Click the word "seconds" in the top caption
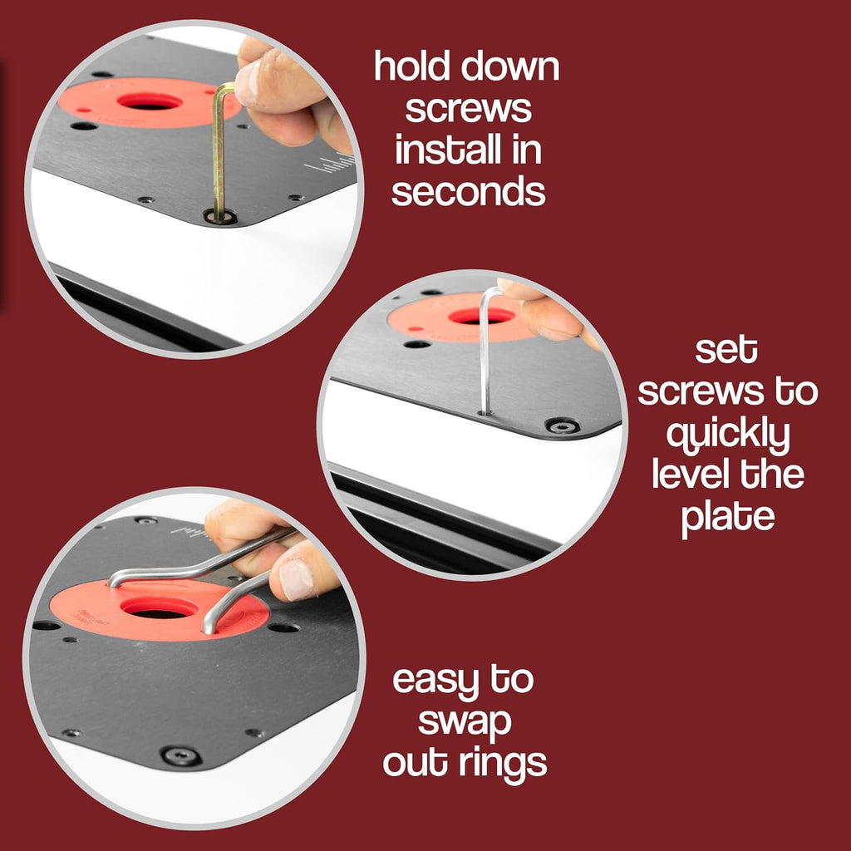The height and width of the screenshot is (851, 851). (469, 191)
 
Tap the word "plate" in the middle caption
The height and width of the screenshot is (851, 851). (728, 519)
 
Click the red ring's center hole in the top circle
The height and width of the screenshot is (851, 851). (150, 101)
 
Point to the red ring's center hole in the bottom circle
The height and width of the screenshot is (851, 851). (159, 608)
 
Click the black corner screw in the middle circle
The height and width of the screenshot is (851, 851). (563, 425)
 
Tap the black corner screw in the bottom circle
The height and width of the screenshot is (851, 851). (180, 755)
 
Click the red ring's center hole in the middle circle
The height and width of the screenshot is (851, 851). (482, 316)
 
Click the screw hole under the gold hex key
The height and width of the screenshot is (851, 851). (220, 218)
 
